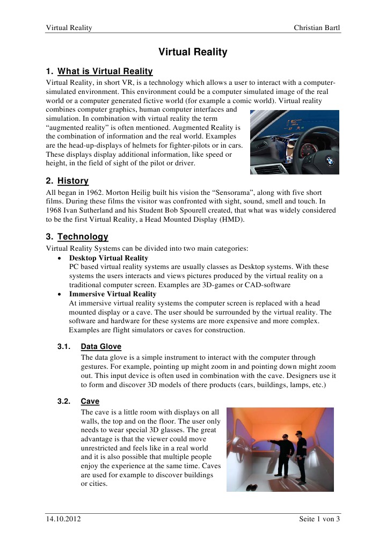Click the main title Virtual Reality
click(x=193, y=52)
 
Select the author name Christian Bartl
click(x=317, y=27)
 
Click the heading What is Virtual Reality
click(x=105, y=71)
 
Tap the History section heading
click(x=73, y=181)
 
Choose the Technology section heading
click(x=83, y=237)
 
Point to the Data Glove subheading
click(x=101, y=347)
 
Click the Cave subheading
click(x=90, y=401)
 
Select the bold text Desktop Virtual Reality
click(x=108, y=258)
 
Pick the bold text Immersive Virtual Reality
click(x=113, y=294)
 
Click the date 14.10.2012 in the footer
click(x=64, y=519)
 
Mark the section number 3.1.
click(x=64, y=347)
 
